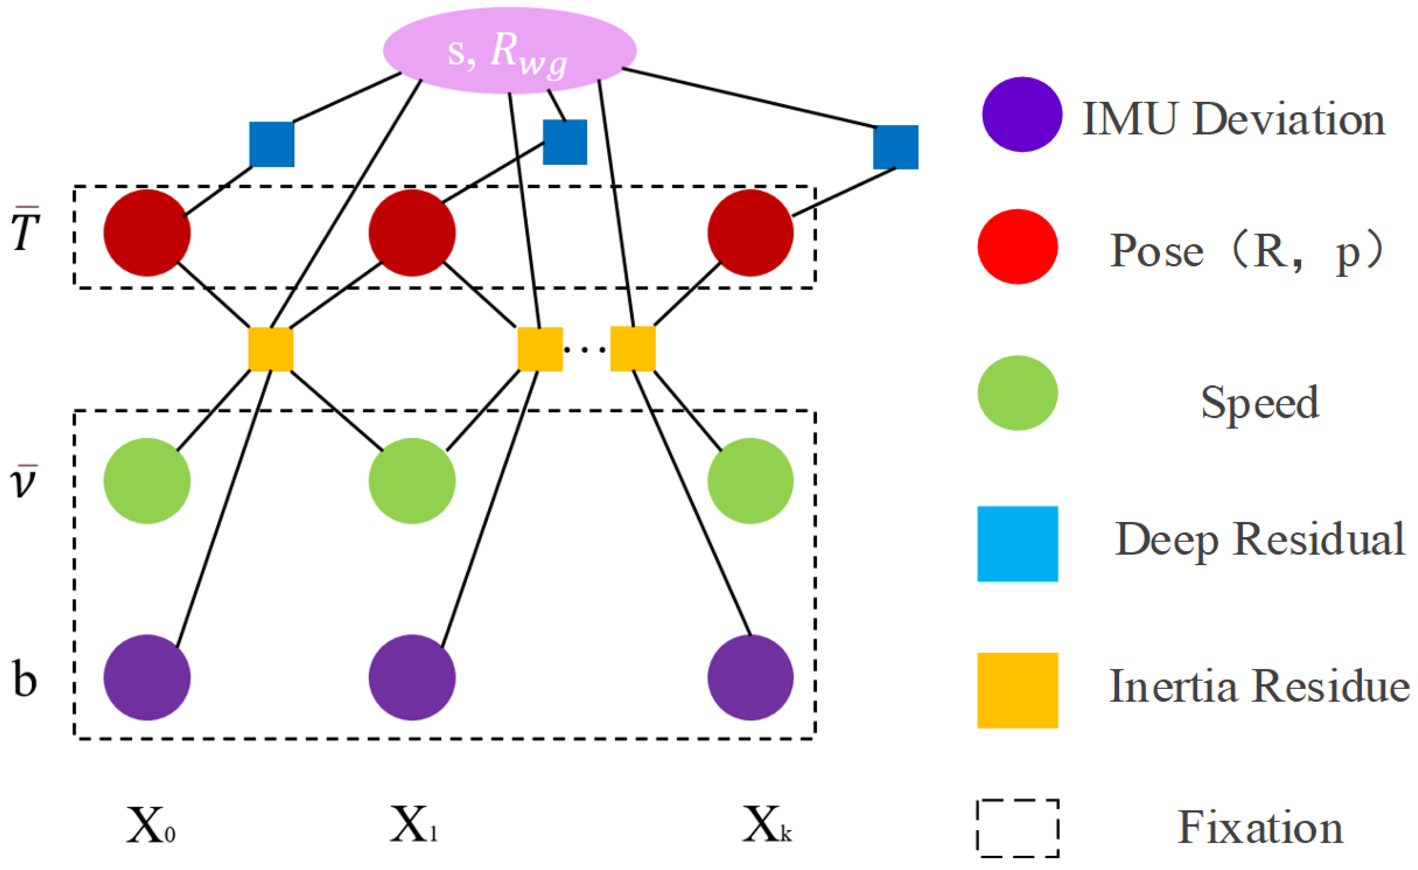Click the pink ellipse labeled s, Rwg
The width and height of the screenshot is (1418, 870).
[x=509, y=51]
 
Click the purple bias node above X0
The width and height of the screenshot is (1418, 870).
[x=147, y=678]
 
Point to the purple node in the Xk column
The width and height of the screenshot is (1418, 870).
[x=750, y=678]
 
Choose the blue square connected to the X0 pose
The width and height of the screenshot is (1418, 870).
[x=272, y=144]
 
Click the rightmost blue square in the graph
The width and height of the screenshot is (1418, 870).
[x=896, y=147]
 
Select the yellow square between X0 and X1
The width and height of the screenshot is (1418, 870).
[x=270, y=349]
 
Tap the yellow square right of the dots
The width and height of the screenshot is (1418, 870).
[x=633, y=348]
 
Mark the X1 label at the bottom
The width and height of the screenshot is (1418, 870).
[x=413, y=824]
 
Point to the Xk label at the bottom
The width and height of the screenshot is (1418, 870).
[x=766, y=824]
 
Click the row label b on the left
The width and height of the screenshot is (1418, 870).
[x=24, y=679]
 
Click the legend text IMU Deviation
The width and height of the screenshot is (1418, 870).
[x=1233, y=119]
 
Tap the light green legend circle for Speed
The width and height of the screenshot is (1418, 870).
[x=1017, y=393]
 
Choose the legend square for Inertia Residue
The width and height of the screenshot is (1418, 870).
[x=1017, y=690]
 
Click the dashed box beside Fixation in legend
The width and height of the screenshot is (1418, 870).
[x=1017, y=828]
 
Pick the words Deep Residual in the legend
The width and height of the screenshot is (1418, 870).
[x=1259, y=539]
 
